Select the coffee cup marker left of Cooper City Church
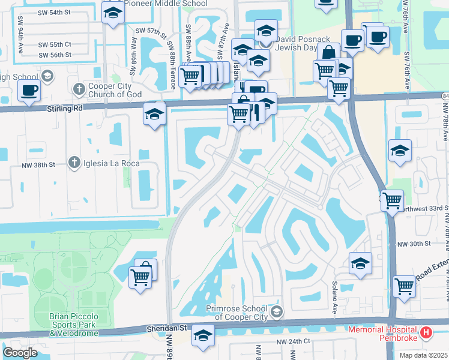tap(29, 91)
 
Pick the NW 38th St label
tap(38, 164)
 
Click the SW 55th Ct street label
tap(55, 44)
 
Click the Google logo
tap(20, 353)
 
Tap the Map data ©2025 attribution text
tap(422, 355)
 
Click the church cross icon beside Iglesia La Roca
tap(74, 163)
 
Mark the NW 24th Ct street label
tap(294, 341)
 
